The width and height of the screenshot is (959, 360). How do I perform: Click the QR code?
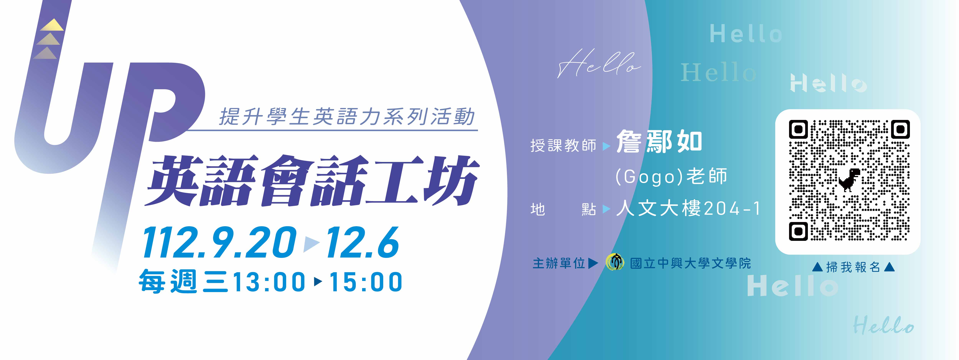click(849, 180)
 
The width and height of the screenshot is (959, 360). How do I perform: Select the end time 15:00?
click(366, 282)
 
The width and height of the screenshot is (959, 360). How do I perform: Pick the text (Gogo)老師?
click(671, 176)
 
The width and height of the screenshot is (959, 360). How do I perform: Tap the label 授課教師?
click(563, 145)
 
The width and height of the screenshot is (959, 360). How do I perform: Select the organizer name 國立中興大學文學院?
click(691, 263)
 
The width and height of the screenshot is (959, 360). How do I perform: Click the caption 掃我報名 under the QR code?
click(853, 267)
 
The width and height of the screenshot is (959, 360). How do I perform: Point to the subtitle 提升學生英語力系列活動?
click(347, 116)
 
